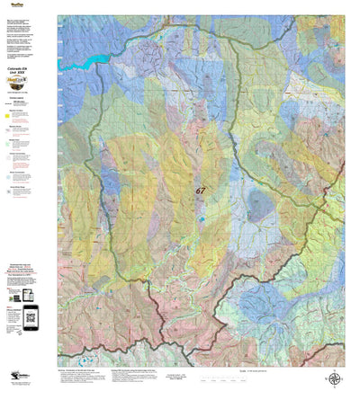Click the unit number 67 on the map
[200, 191]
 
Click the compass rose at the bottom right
[335, 380]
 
